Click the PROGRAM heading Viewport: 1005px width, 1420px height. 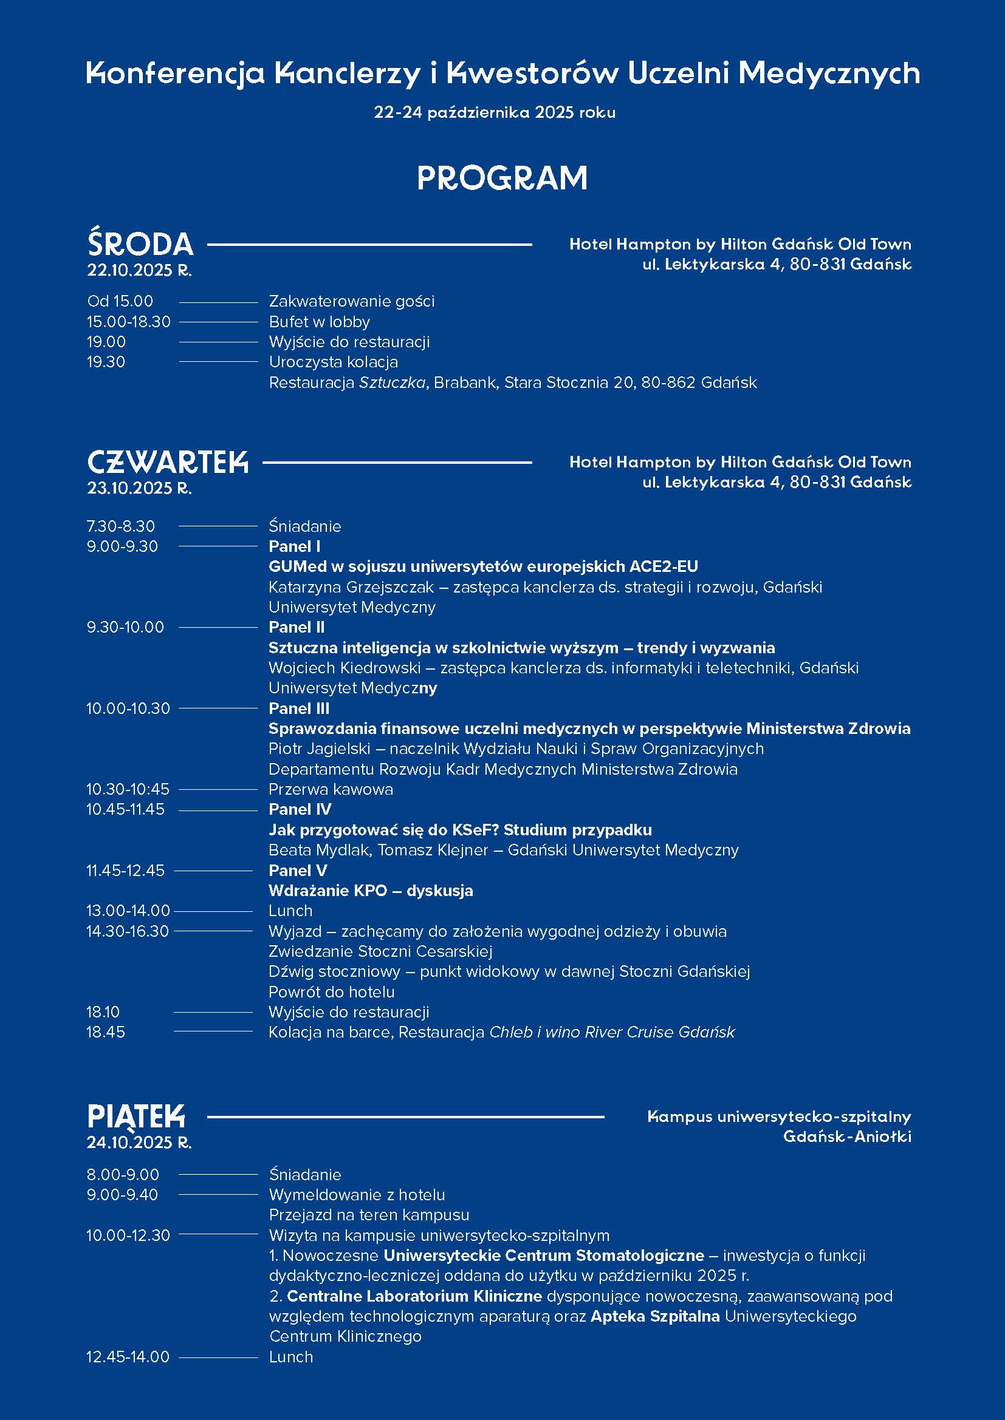click(x=502, y=178)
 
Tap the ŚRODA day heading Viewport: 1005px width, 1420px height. click(x=140, y=243)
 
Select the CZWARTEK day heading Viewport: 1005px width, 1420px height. click(x=168, y=462)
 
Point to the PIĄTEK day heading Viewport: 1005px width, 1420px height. click(x=136, y=1117)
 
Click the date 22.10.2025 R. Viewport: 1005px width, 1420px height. click(x=139, y=270)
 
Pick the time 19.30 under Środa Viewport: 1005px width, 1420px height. click(x=106, y=362)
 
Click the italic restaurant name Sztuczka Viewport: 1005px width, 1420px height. click(x=392, y=383)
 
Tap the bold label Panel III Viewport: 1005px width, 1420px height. click(x=299, y=708)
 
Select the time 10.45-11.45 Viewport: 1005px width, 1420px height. click(x=126, y=810)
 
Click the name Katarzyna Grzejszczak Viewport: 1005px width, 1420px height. click(x=351, y=587)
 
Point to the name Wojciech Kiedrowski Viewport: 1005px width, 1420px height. click(x=344, y=668)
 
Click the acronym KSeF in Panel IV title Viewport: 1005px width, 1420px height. click(x=469, y=830)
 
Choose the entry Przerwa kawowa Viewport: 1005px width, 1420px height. click(x=331, y=789)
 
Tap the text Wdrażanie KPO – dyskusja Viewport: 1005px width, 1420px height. click(x=371, y=891)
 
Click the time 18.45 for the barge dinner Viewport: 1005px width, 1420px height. click(x=106, y=1032)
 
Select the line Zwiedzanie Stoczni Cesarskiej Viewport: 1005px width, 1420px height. click(x=380, y=951)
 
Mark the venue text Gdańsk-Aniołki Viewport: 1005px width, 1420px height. click(x=846, y=1136)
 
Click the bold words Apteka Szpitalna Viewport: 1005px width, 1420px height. click(x=655, y=1316)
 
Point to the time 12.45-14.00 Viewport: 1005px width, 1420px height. click(x=128, y=1357)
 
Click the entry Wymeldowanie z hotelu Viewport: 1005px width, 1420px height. click(x=357, y=1195)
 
